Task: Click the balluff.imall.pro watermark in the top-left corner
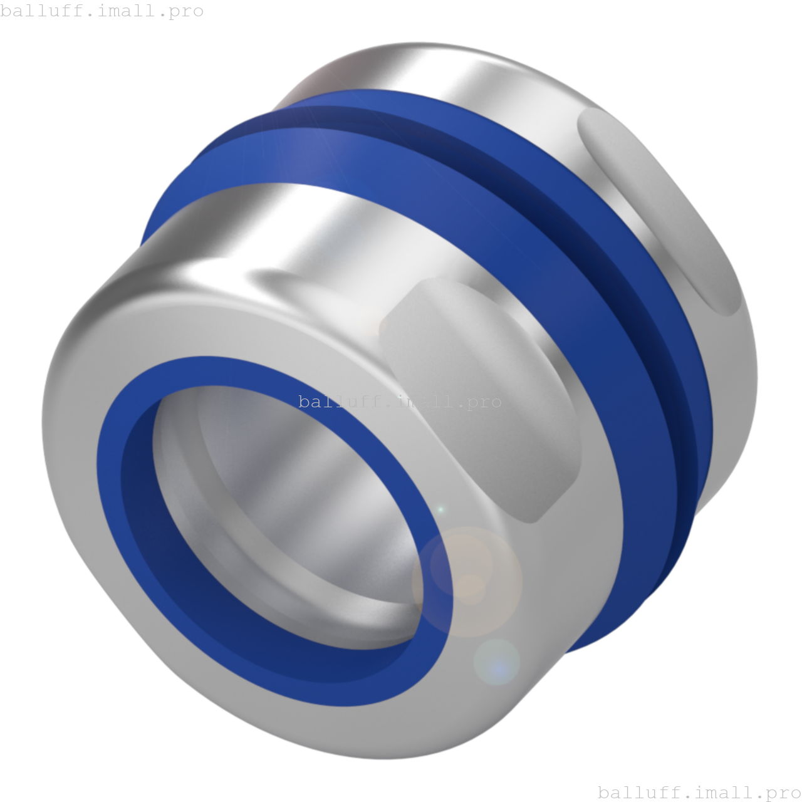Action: (x=102, y=11)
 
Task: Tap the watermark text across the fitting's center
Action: (x=400, y=402)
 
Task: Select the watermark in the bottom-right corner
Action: (x=699, y=793)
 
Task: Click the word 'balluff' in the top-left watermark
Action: (x=36, y=11)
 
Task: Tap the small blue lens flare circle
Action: (x=496, y=662)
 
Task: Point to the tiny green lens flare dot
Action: (x=440, y=510)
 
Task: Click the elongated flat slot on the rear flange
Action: (x=658, y=207)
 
